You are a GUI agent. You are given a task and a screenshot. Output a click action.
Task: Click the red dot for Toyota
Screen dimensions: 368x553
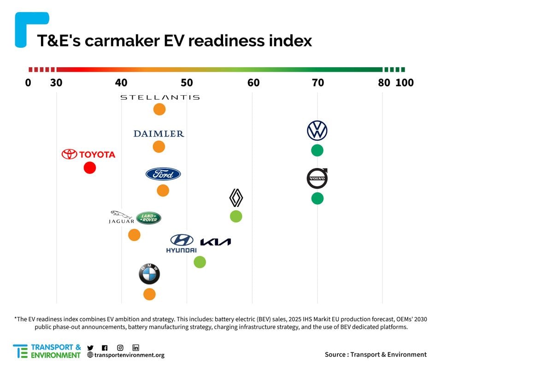coord(90,168)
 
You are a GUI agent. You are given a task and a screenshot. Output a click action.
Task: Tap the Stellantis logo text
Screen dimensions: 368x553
coord(160,98)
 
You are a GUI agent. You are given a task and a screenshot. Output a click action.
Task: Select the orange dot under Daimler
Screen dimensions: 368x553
coord(159,147)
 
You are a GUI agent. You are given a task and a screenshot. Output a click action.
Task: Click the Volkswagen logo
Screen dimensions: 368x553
coord(317,131)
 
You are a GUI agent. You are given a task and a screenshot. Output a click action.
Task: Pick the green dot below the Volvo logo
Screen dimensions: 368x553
coord(317,198)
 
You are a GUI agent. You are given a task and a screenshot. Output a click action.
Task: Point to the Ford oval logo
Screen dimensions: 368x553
coord(163,174)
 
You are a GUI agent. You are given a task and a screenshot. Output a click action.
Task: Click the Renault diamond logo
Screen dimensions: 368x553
coord(236,198)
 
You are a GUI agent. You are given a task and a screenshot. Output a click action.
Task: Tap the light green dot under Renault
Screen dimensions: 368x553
coord(236,216)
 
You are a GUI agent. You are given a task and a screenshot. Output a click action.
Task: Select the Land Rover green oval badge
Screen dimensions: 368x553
coord(149,218)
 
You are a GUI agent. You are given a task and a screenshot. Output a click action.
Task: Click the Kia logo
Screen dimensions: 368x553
coord(216,242)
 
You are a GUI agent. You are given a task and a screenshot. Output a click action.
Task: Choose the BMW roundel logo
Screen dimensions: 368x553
coord(149,274)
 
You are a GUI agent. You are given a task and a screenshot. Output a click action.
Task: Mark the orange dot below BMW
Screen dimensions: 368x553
coord(149,294)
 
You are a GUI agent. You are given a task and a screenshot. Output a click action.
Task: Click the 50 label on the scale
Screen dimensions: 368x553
coord(187,83)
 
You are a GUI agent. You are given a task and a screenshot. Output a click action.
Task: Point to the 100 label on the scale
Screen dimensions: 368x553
coord(405,83)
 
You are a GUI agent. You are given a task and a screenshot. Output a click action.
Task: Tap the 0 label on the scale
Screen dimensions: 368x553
coord(28,83)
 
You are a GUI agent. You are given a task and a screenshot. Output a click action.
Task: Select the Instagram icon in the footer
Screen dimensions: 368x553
coord(120,348)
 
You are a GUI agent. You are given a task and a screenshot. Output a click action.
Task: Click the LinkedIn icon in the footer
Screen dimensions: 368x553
coord(136,348)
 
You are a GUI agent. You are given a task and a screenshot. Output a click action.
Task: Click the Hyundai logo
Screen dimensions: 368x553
coord(181,243)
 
